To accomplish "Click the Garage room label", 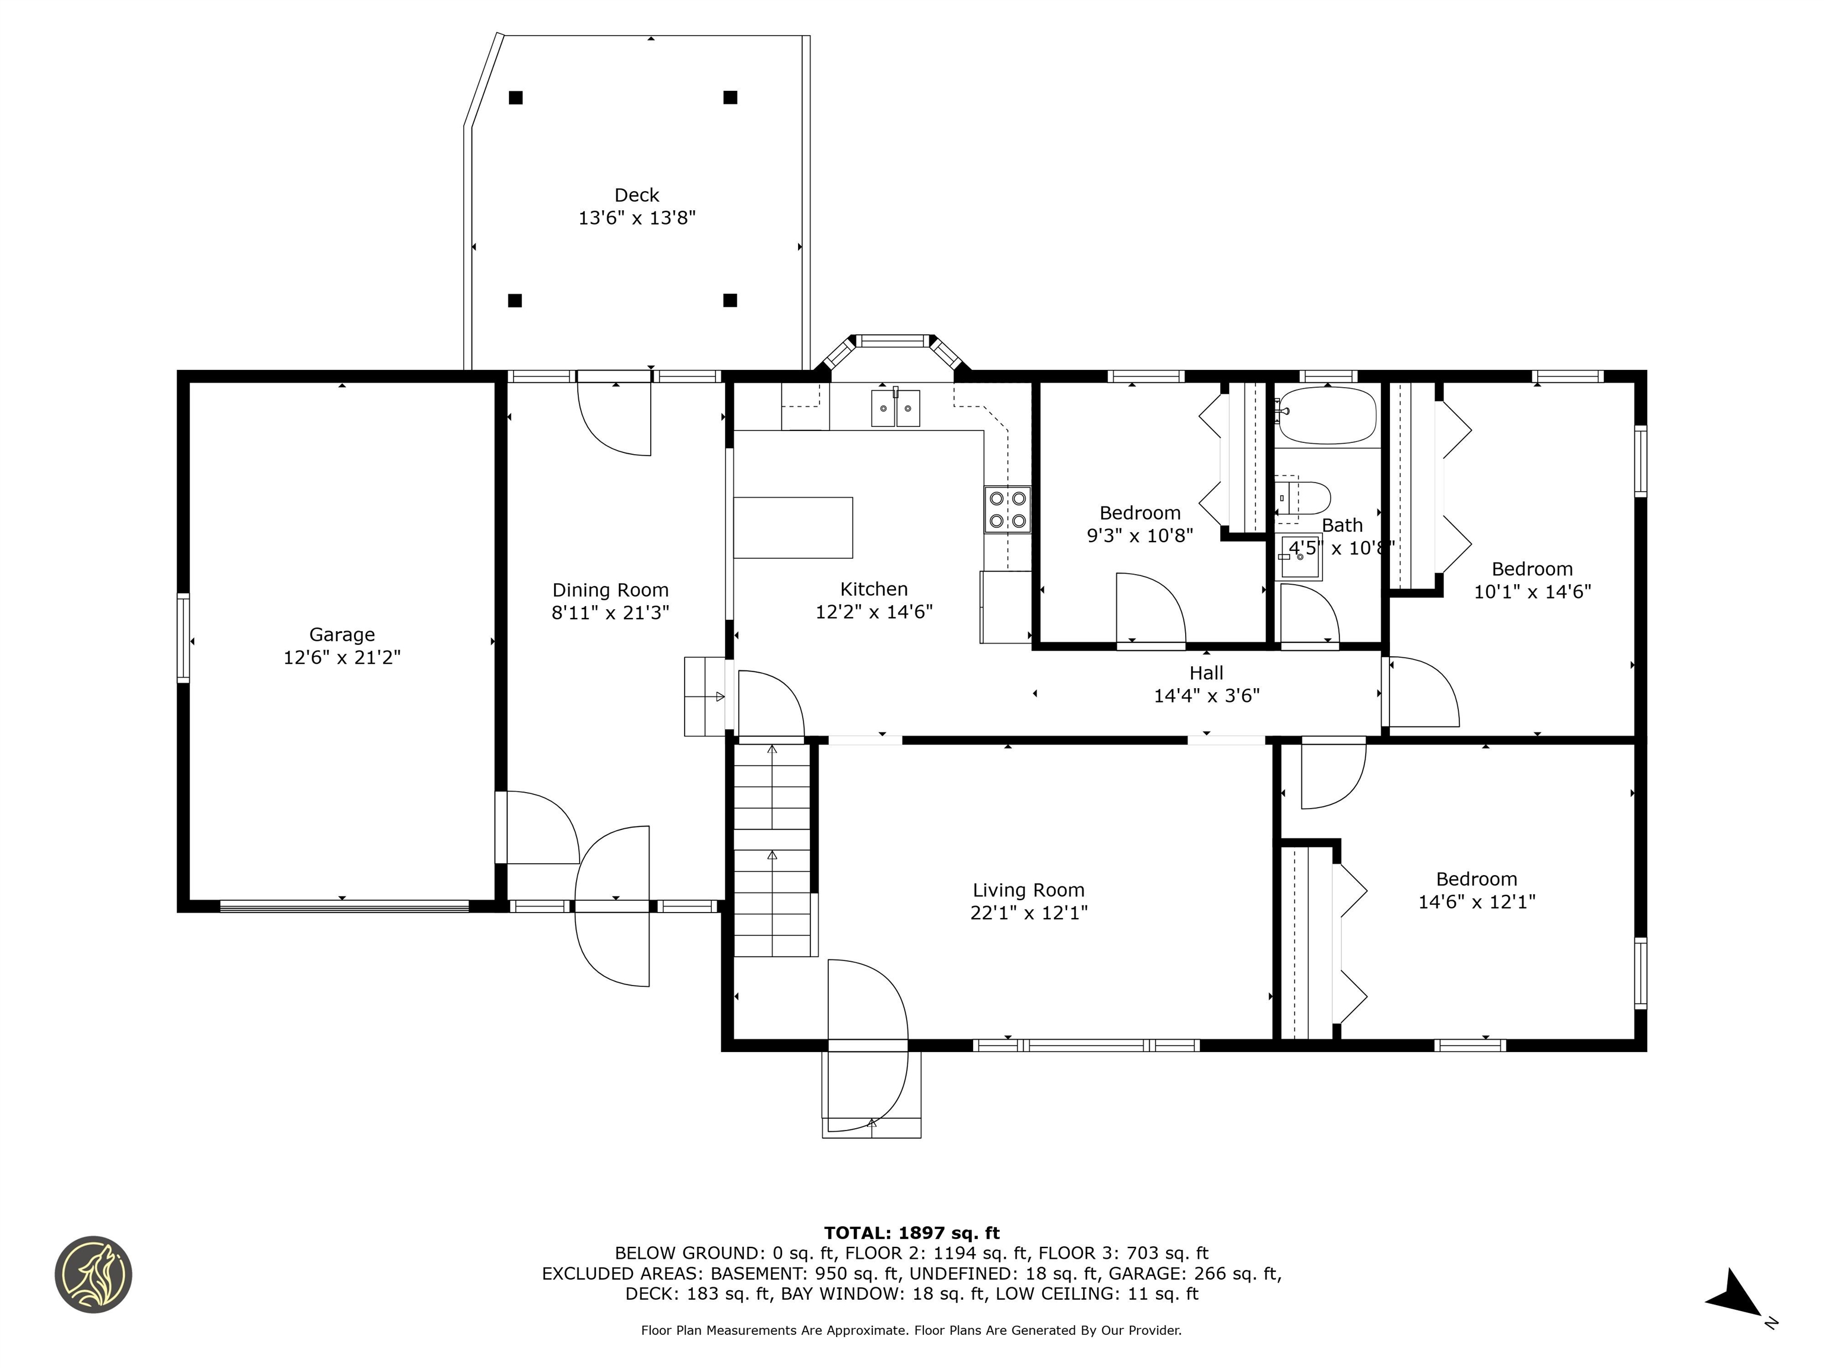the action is coord(341,634).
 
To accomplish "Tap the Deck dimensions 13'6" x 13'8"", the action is coord(636,218).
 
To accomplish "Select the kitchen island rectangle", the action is coord(793,528).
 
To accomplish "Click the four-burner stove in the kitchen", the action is coord(1007,509).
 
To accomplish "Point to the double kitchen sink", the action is coord(895,408).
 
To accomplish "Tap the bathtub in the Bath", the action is coord(1327,416).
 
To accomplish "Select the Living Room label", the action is coord(1028,890).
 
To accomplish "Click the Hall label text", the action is coord(1205,673).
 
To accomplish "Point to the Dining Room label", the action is coord(610,590).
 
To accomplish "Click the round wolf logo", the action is coord(93,1274).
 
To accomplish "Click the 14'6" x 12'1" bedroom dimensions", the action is coord(1476,902).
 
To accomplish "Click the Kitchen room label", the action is coord(874,589).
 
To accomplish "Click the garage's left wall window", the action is coord(183,638).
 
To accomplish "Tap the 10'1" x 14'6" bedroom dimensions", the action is coord(1532,592).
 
